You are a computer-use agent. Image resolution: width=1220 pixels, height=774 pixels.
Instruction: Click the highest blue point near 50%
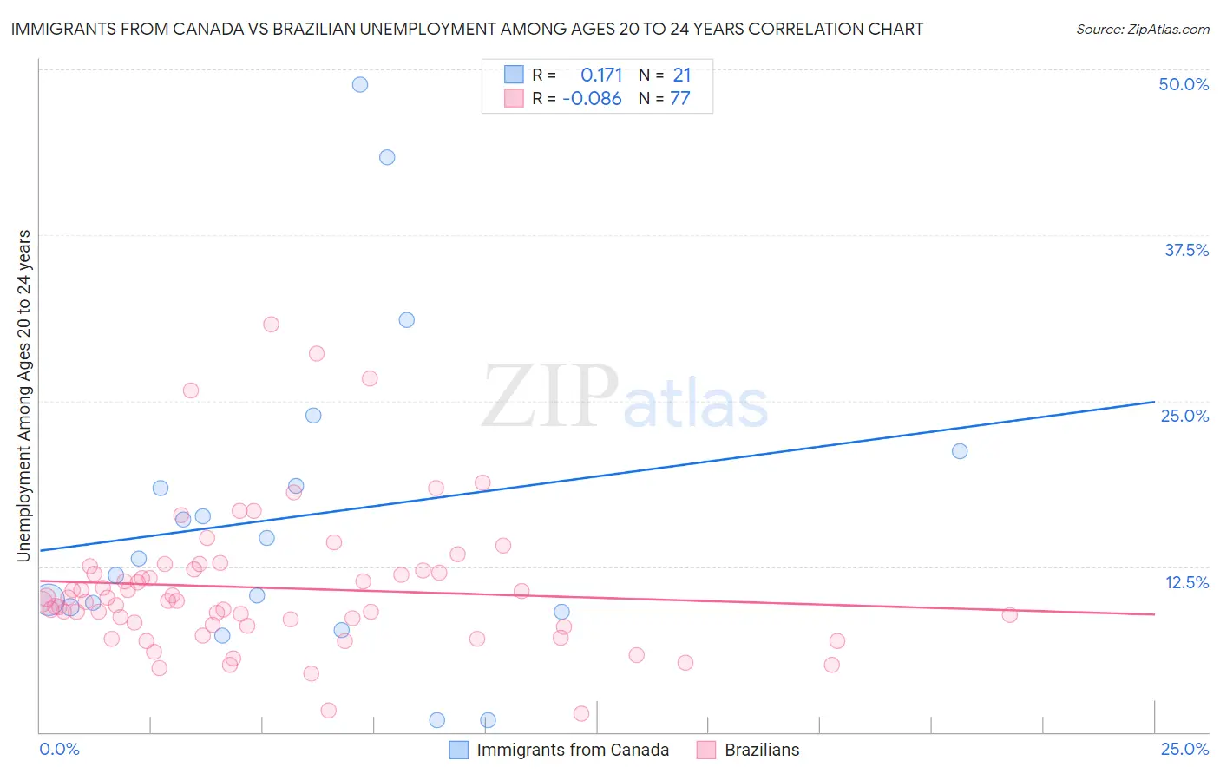tap(360, 84)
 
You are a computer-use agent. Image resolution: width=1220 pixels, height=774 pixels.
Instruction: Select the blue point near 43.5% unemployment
tap(387, 157)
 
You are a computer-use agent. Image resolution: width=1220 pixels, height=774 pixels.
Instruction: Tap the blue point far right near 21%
tap(960, 451)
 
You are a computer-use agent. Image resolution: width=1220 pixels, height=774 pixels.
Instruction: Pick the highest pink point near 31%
tap(271, 325)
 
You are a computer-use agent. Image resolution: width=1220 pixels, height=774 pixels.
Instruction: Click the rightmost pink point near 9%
tap(1009, 615)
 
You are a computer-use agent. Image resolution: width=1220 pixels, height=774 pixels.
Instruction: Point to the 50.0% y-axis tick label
tap(1184, 84)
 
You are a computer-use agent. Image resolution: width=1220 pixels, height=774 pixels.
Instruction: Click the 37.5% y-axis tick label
tap(1186, 250)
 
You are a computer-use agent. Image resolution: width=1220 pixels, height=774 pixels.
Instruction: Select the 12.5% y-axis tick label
tap(1186, 582)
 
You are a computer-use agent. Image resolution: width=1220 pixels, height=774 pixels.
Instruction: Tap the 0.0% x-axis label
tap(59, 749)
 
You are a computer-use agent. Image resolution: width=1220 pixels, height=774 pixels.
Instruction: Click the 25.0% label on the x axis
tap(1184, 749)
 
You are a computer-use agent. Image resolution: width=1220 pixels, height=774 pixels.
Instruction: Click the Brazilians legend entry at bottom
tap(762, 750)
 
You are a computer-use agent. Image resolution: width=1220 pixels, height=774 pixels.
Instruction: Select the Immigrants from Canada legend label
tap(573, 750)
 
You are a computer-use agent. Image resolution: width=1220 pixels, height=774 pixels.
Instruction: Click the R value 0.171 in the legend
tap(601, 75)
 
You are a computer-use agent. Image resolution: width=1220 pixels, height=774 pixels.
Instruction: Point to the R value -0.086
tap(592, 99)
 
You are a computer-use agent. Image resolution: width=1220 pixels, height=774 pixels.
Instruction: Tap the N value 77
tap(680, 99)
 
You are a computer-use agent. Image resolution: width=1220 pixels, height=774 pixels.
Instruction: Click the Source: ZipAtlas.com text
tap(1142, 29)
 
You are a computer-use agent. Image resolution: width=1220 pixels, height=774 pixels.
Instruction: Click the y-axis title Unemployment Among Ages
tap(24, 395)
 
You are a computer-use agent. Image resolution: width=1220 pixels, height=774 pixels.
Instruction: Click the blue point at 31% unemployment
tap(406, 320)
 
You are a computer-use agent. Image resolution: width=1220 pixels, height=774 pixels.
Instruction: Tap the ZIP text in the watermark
tap(550, 397)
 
